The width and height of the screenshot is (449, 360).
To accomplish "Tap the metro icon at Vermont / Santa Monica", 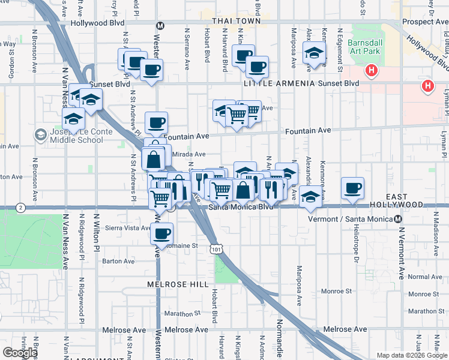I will click(x=400, y=219).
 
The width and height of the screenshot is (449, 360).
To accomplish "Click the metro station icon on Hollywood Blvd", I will click(x=160, y=26).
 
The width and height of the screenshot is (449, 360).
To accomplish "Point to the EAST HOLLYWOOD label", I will click(x=413, y=200).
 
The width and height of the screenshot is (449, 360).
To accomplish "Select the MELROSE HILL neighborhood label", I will click(x=178, y=284).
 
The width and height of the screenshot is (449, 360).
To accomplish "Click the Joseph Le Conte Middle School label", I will click(x=73, y=136).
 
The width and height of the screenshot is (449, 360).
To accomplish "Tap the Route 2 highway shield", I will click(x=21, y=208).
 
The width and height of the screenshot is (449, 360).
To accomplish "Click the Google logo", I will click(x=20, y=352).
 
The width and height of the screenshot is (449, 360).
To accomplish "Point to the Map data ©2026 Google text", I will click(x=411, y=355).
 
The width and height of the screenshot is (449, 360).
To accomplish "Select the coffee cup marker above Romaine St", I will click(x=161, y=233).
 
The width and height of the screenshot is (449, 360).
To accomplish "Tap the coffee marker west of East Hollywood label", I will click(x=352, y=188).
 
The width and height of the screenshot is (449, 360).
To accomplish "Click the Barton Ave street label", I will click(x=118, y=262).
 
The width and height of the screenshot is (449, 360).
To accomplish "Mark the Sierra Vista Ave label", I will click(x=128, y=228).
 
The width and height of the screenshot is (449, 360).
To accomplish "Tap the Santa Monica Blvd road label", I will click(x=241, y=207).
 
